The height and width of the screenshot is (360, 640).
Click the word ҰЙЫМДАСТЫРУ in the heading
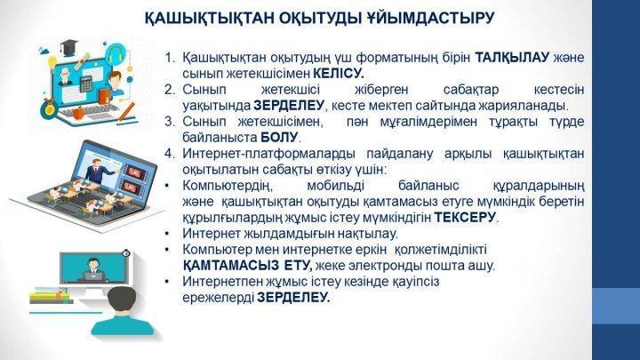(428, 19)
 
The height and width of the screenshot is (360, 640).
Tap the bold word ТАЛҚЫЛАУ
(512, 58)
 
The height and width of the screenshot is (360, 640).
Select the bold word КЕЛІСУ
(339, 74)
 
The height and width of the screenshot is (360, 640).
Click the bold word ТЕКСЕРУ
(465, 218)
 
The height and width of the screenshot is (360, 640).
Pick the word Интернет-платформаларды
(268, 154)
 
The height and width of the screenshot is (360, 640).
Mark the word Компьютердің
(228, 186)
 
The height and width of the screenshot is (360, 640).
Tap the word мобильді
(335, 186)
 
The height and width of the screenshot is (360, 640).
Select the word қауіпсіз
(416, 282)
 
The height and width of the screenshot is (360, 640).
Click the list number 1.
(170, 58)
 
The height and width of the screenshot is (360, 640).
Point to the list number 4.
(170, 154)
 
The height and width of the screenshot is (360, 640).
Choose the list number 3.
(170, 122)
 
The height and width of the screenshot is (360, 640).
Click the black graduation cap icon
(68, 47)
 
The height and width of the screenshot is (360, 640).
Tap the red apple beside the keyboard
(77, 112)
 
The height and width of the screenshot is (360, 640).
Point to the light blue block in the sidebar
(616, 306)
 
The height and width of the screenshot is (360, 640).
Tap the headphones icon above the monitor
(115, 54)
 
